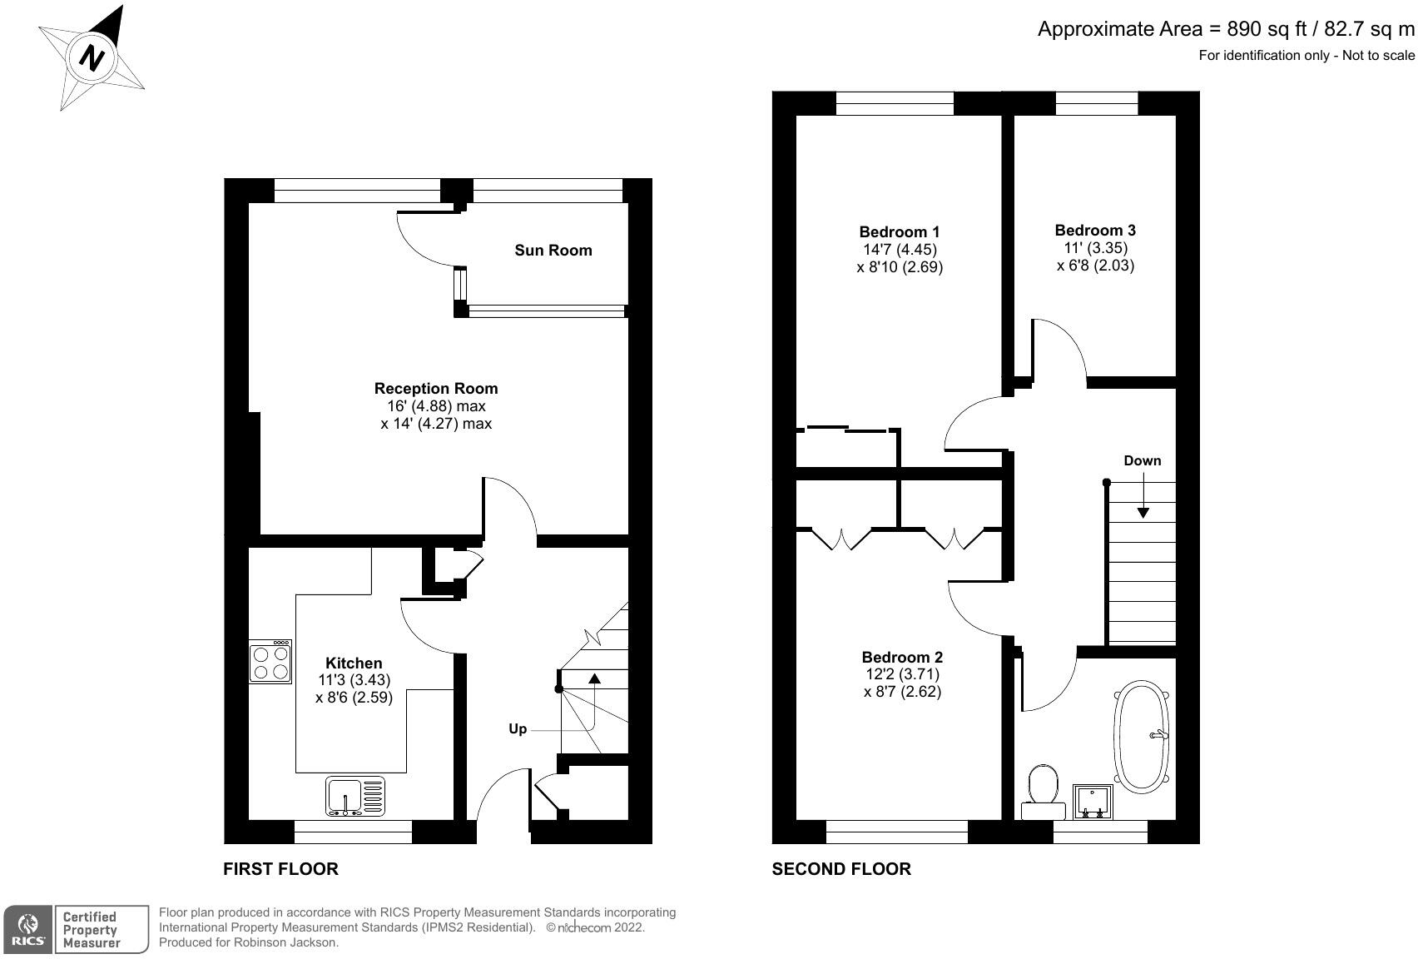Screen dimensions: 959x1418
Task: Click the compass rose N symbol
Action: (92, 58)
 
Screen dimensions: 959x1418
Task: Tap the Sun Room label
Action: (553, 250)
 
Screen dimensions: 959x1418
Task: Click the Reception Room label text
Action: (435, 388)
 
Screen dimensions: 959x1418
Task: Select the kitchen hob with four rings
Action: (270, 663)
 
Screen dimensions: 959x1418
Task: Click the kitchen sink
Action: (356, 796)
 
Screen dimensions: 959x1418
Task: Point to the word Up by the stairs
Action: (518, 728)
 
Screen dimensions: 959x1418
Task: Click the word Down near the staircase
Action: (1142, 460)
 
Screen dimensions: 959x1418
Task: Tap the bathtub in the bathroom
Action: (1144, 736)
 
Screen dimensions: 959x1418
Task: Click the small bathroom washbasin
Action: (1093, 801)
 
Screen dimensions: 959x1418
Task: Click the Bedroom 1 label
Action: (899, 231)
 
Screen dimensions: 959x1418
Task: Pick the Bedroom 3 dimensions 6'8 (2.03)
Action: (1095, 266)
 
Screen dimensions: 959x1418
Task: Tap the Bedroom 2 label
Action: (902, 657)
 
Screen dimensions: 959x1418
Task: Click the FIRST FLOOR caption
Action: (280, 869)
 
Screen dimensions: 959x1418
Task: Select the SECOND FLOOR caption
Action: (840, 869)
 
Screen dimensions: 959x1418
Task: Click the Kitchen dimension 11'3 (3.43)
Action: (354, 679)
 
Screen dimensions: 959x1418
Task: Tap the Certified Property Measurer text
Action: (92, 930)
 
